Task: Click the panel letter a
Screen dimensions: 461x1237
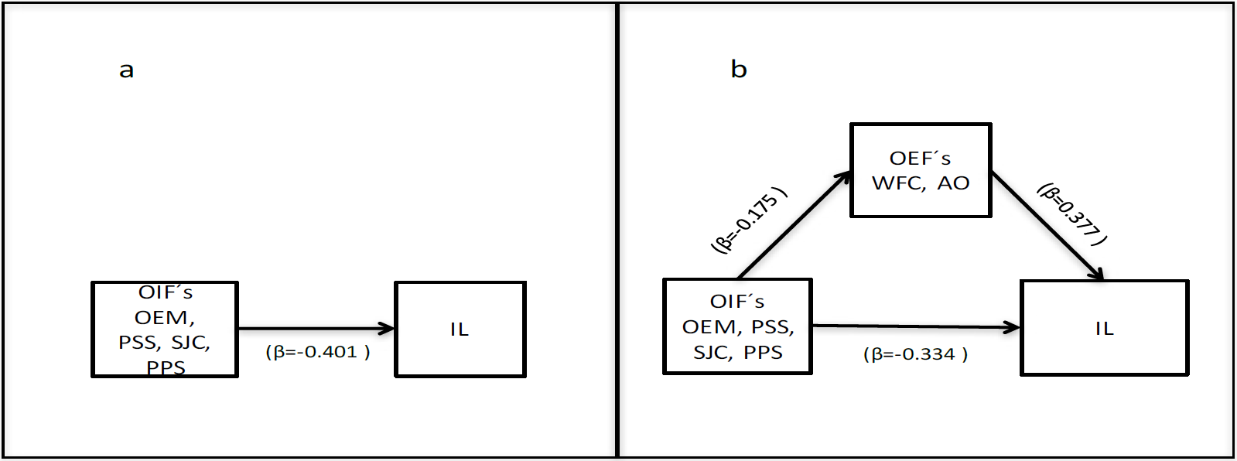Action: click(126, 70)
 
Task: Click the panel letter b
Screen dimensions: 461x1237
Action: click(739, 70)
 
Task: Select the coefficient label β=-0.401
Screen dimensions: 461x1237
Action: click(318, 352)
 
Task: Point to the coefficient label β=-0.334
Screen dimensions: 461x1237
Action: click(915, 354)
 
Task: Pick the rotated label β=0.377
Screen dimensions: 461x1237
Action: click(1072, 214)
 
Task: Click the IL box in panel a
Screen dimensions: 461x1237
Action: click(460, 330)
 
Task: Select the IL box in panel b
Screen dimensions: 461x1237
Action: click(1104, 329)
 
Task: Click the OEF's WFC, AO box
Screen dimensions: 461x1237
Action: click(921, 170)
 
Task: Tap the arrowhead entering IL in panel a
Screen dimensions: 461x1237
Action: click(388, 329)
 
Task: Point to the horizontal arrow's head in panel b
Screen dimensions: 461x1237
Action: click(1013, 327)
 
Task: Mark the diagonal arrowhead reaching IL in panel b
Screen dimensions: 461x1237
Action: click(1096, 273)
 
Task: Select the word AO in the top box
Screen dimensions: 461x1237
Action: click(953, 183)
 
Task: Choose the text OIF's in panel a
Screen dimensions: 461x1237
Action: click(166, 293)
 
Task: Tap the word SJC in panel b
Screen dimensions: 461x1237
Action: click(709, 353)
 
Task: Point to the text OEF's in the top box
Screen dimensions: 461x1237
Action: click(920, 159)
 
